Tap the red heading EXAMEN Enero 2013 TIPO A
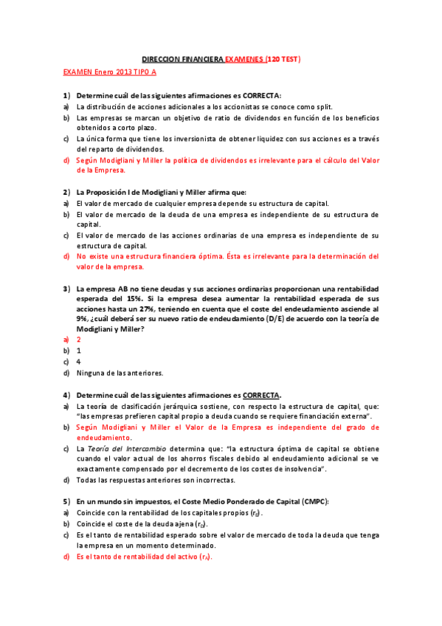point(110,72)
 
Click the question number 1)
point(66,96)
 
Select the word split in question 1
point(263,106)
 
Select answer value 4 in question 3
point(78,362)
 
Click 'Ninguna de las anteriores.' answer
point(120,373)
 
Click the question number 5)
point(66,502)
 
